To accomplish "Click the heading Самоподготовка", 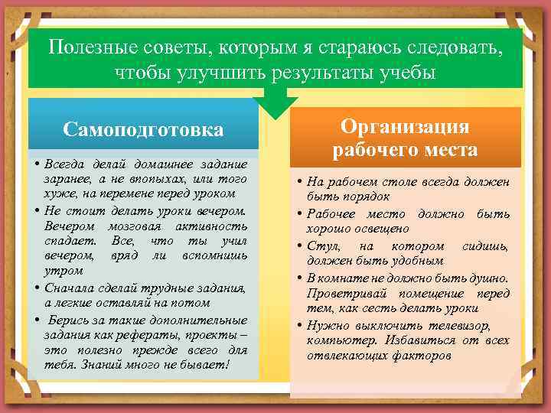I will (144, 129).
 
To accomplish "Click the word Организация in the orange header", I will (405, 126).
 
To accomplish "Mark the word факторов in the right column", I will (417, 356).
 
